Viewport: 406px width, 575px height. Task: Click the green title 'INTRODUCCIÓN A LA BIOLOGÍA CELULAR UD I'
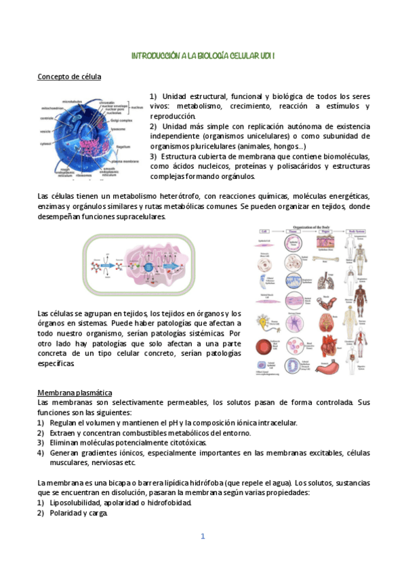203,55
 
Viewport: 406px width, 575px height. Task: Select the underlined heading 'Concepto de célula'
69,77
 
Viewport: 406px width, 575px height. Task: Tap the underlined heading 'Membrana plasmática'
75,393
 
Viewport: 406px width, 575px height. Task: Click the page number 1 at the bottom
202,536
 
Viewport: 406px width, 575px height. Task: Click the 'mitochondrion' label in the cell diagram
52,108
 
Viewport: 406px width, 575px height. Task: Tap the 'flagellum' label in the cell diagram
123,146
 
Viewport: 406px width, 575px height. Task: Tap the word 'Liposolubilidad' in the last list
75,503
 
